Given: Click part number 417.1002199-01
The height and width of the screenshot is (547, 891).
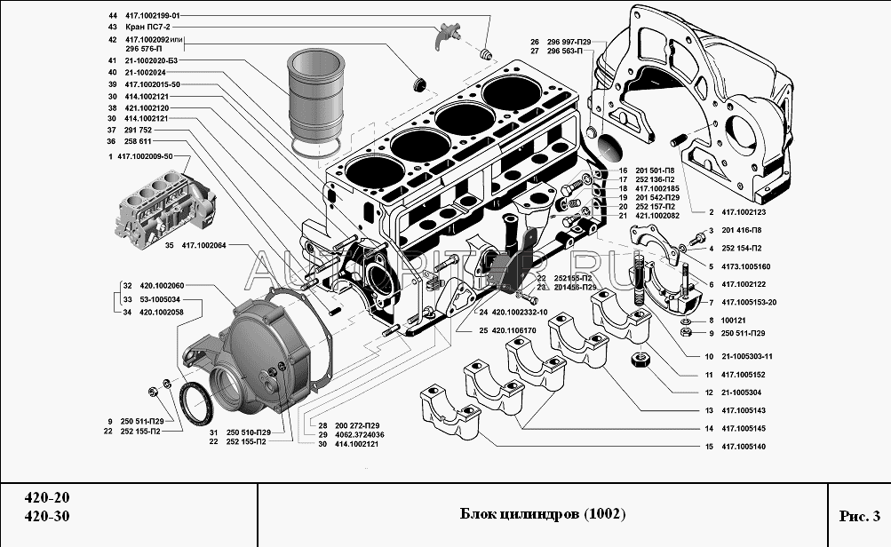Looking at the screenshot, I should coord(154,16).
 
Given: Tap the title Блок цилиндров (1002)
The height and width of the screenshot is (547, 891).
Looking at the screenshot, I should coord(543,514).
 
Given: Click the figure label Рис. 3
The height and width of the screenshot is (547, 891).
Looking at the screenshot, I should coord(858,515).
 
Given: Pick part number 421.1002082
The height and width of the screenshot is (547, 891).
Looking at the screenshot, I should coord(656,216).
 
